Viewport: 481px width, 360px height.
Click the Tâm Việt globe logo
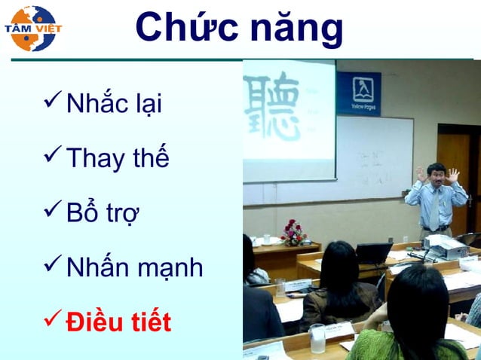point(32,29)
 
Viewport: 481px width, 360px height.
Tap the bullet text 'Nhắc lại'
point(114,104)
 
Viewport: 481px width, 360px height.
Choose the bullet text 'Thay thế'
point(117,158)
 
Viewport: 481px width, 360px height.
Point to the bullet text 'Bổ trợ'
point(104,213)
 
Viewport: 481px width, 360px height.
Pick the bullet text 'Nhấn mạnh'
point(134,267)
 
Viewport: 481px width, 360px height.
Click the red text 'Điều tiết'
point(118,322)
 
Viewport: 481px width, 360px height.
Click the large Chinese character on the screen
point(274,105)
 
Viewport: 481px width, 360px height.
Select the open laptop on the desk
point(373,252)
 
